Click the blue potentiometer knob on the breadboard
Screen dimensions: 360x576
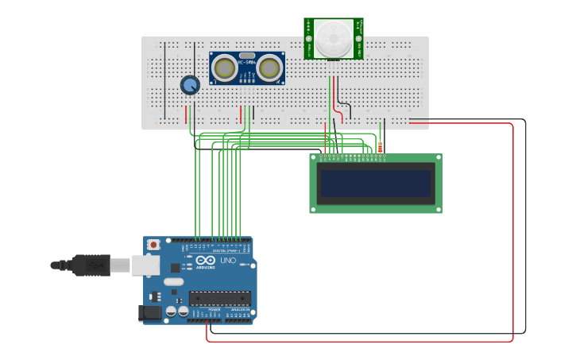(189, 85)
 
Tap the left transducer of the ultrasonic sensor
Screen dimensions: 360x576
(225, 68)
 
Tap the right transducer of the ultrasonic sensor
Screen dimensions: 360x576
(270, 68)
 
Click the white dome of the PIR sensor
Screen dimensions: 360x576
(333, 38)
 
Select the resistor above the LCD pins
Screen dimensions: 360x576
(380, 146)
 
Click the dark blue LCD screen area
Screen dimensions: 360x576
(375, 183)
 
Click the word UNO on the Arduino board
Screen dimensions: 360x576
(228, 261)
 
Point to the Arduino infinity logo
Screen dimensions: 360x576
(205, 261)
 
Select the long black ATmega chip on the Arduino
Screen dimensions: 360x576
(219, 298)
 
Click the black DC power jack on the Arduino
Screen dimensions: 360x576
(150, 313)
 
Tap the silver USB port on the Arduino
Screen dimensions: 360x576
(145, 265)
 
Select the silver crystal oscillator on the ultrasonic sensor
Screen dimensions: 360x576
(247, 56)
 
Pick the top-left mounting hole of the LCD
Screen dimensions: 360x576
(315, 158)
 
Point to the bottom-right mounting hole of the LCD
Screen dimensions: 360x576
(437, 209)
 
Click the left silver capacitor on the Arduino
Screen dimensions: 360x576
(171, 312)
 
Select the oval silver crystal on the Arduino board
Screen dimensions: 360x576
(174, 281)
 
